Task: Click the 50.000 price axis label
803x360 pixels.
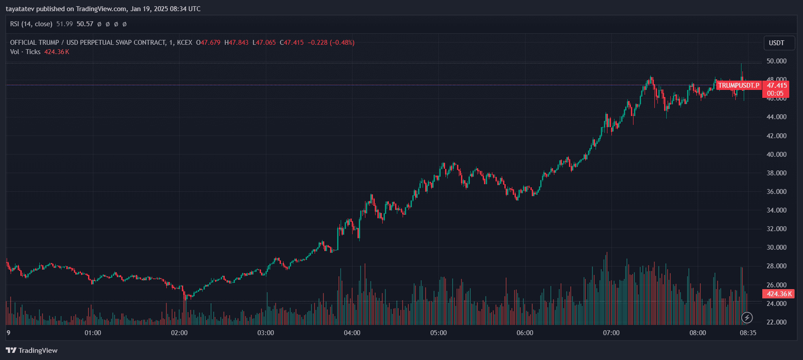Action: coord(776,61)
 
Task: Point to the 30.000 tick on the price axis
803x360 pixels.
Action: coord(776,248)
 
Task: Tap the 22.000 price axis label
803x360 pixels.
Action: coord(776,322)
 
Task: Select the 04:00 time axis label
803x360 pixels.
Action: coord(352,333)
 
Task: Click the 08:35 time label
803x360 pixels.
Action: coord(748,333)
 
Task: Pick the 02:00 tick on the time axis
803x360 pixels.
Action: coord(179,333)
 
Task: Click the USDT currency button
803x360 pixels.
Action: coord(776,43)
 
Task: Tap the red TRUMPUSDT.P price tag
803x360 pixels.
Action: coord(738,85)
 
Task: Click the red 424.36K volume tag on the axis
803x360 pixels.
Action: coord(779,294)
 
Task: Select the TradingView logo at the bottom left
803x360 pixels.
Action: coord(32,350)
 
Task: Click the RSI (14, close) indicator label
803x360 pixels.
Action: coord(31,24)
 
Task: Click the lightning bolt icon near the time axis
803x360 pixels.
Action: coord(747,317)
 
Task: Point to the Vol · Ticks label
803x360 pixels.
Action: coord(25,52)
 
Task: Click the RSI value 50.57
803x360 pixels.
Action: coord(85,24)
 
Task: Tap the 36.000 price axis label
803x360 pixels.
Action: coord(776,192)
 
